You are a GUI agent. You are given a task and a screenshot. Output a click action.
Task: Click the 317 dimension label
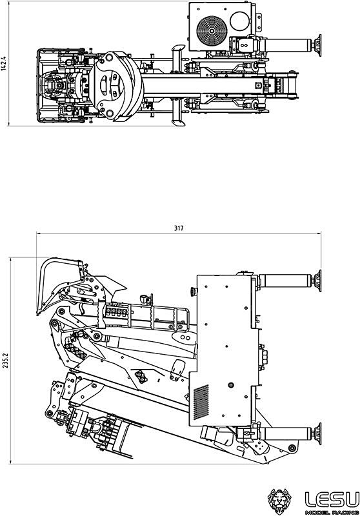coord(179,228)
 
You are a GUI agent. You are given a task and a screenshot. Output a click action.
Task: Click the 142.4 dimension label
coord(4,64)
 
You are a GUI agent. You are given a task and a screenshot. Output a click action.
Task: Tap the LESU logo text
coord(332,499)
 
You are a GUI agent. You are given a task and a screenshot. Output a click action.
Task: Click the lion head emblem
coord(279,501)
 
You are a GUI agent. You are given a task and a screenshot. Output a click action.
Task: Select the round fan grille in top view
coord(212,30)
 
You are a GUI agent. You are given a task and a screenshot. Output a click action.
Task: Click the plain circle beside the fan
coord(240,21)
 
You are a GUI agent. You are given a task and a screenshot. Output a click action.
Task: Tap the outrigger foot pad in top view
coord(317,45)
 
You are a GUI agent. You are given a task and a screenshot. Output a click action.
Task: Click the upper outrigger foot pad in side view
coord(317,281)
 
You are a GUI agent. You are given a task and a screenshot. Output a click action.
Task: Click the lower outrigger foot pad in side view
coord(317,433)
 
